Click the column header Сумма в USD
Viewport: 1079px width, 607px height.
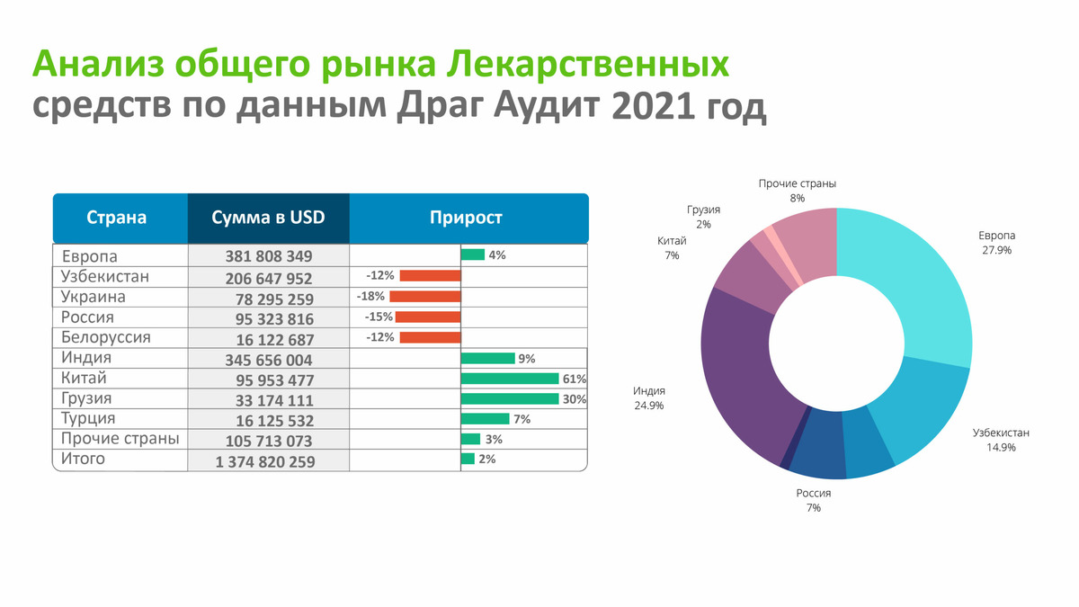coord(268,218)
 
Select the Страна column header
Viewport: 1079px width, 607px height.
coord(117,218)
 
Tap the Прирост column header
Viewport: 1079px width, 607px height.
coord(466,218)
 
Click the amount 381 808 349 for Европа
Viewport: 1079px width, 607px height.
coord(269,256)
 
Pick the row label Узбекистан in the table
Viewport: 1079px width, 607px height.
coord(105,277)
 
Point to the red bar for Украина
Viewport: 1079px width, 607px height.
coord(425,296)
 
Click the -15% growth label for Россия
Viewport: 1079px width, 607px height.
coord(379,317)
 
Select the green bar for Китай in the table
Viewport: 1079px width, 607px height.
coord(510,379)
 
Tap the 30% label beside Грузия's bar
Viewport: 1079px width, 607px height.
coord(575,399)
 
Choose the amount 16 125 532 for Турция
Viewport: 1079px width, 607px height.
coord(274,421)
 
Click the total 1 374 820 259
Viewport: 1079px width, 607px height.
coord(265,462)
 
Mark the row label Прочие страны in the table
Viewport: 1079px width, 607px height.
coord(120,439)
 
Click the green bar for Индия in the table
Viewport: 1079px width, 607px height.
coord(488,359)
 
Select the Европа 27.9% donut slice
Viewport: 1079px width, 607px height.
coord(915,284)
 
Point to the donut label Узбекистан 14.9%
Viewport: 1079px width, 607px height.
coord(1001,440)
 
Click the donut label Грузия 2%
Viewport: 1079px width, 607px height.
coord(703,217)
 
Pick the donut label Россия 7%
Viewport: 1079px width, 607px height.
coord(813,500)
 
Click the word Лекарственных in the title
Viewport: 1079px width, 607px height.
coord(588,64)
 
